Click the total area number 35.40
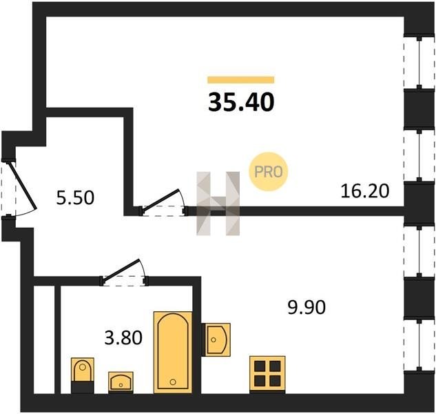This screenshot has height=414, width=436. (241, 102)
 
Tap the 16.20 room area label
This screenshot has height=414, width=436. (365, 191)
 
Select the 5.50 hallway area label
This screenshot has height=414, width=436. (75, 198)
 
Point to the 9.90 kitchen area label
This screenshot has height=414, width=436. (307, 307)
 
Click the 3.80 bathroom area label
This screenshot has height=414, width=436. (123, 337)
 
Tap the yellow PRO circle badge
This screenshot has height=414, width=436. (269, 172)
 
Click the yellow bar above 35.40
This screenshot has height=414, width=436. (241, 80)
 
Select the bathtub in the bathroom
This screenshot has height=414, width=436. (173, 353)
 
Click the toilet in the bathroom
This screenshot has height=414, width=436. (82, 375)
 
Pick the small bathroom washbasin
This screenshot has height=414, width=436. (121, 382)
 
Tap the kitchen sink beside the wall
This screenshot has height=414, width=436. (216, 339)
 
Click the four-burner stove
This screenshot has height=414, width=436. (267, 374)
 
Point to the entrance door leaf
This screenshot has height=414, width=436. (22, 186)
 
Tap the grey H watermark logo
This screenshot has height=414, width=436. (218, 204)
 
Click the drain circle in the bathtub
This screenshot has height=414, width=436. (173, 382)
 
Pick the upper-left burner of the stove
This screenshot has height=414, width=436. (260, 366)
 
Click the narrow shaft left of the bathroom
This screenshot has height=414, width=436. (44, 339)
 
